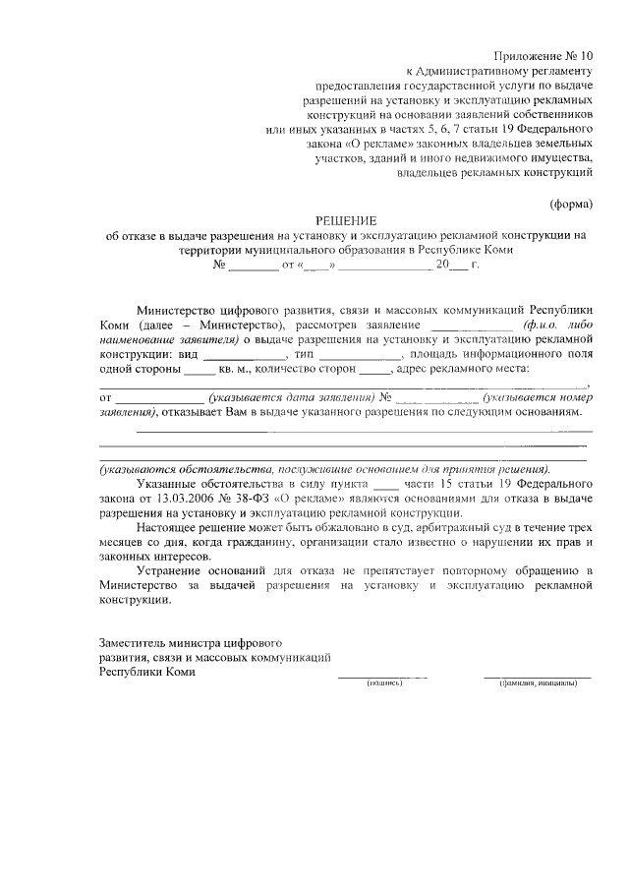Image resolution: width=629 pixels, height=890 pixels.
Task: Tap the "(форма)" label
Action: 570,205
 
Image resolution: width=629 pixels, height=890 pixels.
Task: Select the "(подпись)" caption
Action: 381,682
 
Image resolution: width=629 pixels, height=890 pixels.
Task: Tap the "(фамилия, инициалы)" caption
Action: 538,682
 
